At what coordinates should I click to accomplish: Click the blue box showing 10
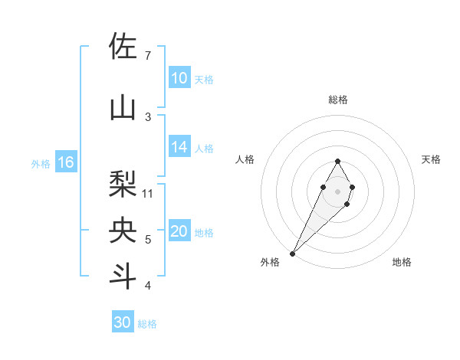coord(179,78)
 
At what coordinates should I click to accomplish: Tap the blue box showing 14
coord(179,147)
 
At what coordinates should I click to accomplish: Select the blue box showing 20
coord(179,232)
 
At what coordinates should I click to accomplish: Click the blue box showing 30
coord(123,322)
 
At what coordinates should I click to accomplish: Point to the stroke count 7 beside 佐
coord(147,56)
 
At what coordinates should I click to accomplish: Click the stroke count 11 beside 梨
coord(148,194)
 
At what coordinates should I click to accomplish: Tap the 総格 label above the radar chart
coord(337,100)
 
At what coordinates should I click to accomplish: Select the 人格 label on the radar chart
coord(245,159)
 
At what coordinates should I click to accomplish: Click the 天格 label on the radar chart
coord(431,159)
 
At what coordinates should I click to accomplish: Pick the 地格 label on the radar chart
coord(402,262)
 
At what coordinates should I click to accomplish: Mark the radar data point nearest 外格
coord(292,253)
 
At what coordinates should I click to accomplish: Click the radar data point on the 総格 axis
coord(337,161)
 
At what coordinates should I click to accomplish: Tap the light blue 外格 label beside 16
coord(41,163)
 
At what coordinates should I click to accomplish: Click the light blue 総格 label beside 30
coord(147,324)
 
